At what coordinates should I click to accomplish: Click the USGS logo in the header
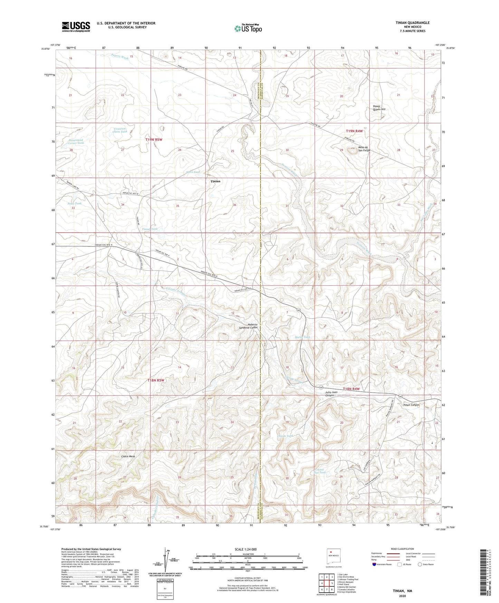pos(76,27)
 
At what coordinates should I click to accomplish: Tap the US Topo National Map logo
pos(248,28)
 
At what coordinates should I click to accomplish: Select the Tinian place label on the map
pos(215,181)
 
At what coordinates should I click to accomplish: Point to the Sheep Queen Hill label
pos(379,108)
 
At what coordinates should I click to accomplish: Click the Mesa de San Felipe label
pos(364,149)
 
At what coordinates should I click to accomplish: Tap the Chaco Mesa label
pos(128,456)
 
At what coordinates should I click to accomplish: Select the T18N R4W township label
pos(351,389)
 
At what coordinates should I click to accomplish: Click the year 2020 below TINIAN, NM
pos(402,596)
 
